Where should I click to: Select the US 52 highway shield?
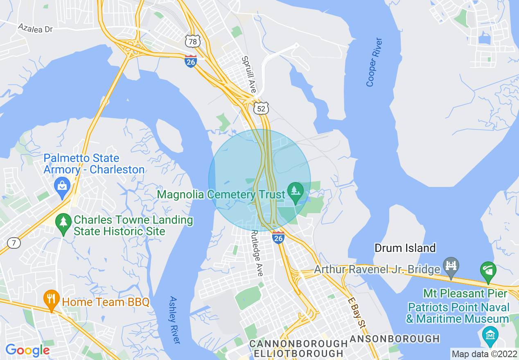[x=261, y=108]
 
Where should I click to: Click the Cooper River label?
[x=374, y=62]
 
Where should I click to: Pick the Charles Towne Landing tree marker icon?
[x=63, y=223]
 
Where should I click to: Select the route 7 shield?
[x=14, y=243]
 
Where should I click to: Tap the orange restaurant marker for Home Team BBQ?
[x=51, y=298]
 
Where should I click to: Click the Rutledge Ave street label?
[x=257, y=252]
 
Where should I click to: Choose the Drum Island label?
[x=405, y=248]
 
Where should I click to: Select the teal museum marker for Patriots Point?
[x=490, y=334]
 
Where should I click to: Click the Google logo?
[x=27, y=350]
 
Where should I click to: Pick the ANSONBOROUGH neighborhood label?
[x=395, y=339]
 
